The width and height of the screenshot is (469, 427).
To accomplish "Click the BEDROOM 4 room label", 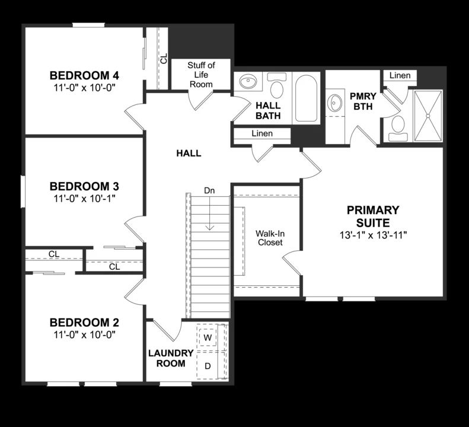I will click(x=84, y=75).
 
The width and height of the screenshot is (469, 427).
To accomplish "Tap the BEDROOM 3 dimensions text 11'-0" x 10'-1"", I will click(x=84, y=197).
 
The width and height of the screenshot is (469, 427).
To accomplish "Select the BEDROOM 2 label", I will click(x=84, y=323).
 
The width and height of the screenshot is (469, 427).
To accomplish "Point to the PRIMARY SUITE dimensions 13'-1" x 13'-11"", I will click(x=373, y=234).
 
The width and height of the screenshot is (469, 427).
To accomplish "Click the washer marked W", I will click(x=208, y=337).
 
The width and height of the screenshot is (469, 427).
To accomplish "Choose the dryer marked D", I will click(x=208, y=366).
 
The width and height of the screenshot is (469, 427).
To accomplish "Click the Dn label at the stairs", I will click(x=209, y=190).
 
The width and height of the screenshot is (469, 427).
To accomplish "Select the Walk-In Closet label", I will click(x=270, y=238).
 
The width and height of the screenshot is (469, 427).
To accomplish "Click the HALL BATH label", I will click(x=268, y=110).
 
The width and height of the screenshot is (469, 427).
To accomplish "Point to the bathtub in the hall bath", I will click(x=307, y=98).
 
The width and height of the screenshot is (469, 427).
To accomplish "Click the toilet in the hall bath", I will click(x=276, y=87).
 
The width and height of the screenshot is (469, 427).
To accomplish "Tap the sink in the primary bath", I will click(x=335, y=103).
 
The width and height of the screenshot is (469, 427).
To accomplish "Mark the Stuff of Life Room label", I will click(x=201, y=74).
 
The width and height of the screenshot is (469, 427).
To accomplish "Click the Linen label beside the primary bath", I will click(x=400, y=75).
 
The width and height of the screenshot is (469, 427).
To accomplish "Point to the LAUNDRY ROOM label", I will click(x=171, y=358).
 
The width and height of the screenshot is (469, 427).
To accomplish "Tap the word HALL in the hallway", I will click(x=189, y=153).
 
